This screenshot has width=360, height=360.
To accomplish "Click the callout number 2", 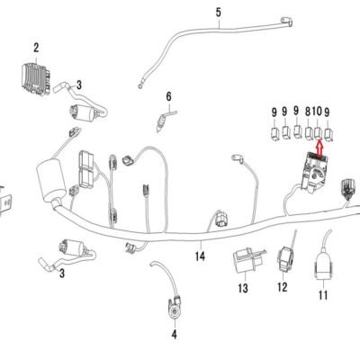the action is pos(36,48).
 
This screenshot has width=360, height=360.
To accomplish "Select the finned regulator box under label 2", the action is pos(36,78).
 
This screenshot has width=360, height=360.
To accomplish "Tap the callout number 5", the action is pos(219,13).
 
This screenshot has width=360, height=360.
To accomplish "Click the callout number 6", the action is pos(169,96).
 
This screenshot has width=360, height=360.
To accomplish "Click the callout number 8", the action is pos(308,112).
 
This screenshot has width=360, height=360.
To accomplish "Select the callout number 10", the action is pos(317,112).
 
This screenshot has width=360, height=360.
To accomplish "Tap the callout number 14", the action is pos(200,256).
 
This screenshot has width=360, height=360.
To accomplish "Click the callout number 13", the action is pos(243,288).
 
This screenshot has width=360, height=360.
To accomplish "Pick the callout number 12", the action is pos(283,287).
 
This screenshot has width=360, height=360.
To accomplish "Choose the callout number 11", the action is pos(323,295).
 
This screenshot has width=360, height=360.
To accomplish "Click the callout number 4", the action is pos(175,334).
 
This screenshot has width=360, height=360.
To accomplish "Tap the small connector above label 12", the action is pos(284,258).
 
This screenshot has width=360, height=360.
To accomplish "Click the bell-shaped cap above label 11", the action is pos(323,265).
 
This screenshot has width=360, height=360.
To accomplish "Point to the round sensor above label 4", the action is pos(175,309).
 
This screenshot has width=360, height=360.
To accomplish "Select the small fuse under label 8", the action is pos(309,133).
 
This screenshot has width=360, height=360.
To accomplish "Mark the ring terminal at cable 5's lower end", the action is pos(140,86).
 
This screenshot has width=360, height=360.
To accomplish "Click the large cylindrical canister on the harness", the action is pos(50,181).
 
